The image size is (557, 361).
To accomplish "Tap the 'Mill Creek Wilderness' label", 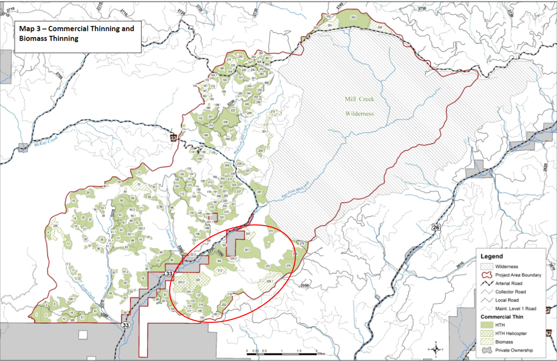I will point(358,106).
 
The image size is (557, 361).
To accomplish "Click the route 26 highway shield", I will point(436,228).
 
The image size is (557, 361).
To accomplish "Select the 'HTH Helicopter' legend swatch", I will point(487,333).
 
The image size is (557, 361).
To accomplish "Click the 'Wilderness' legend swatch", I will point(487,266).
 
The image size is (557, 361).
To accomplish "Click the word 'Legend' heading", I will point(492,256).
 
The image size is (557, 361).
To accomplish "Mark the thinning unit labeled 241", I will point(247,250).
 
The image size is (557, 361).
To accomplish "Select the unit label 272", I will point(271,231).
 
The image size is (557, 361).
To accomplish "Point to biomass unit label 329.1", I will point(270,282).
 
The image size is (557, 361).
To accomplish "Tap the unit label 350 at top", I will point(353,17).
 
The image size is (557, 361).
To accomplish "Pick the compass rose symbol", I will point(436,349).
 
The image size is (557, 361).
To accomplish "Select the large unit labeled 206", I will point(225,122).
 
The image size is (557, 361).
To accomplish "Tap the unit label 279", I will point(302,244).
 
